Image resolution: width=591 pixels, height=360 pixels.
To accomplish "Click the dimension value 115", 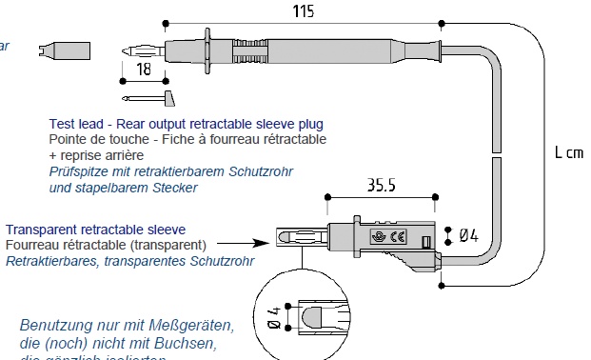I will [x=302, y=10].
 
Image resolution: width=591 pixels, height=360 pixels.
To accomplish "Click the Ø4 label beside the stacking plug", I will [x=472, y=234].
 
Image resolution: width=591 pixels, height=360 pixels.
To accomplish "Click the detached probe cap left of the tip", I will [x=66, y=49].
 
